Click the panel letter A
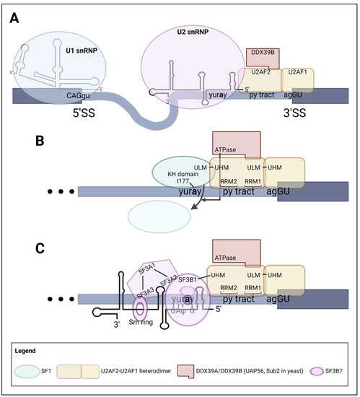point(14,19)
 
